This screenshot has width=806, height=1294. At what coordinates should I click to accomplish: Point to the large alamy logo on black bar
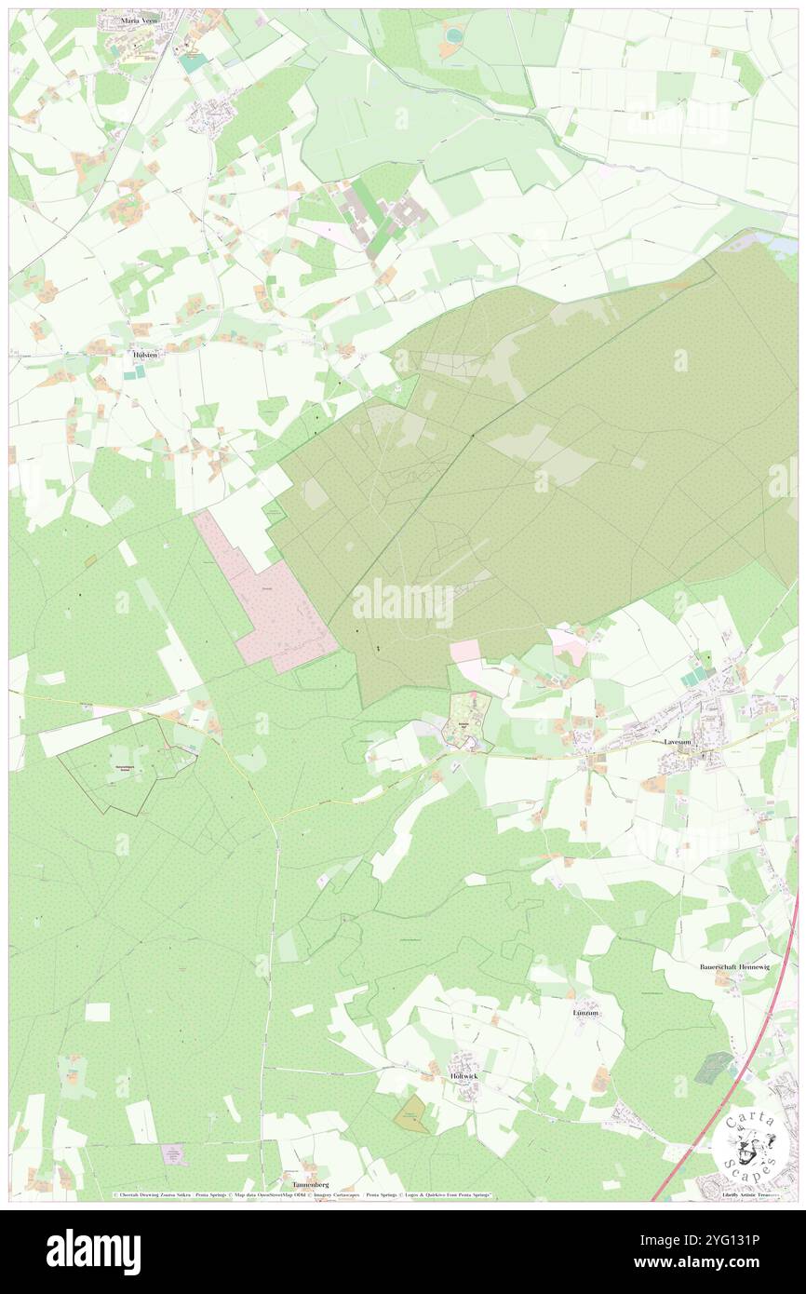(x=93, y=1251)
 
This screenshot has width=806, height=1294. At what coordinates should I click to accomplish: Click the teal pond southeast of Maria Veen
(x=194, y=62)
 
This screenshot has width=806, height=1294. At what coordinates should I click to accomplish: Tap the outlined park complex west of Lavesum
(x=469, y=720)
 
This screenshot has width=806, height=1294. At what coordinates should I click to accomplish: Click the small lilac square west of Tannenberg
(x=173, y=1154)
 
